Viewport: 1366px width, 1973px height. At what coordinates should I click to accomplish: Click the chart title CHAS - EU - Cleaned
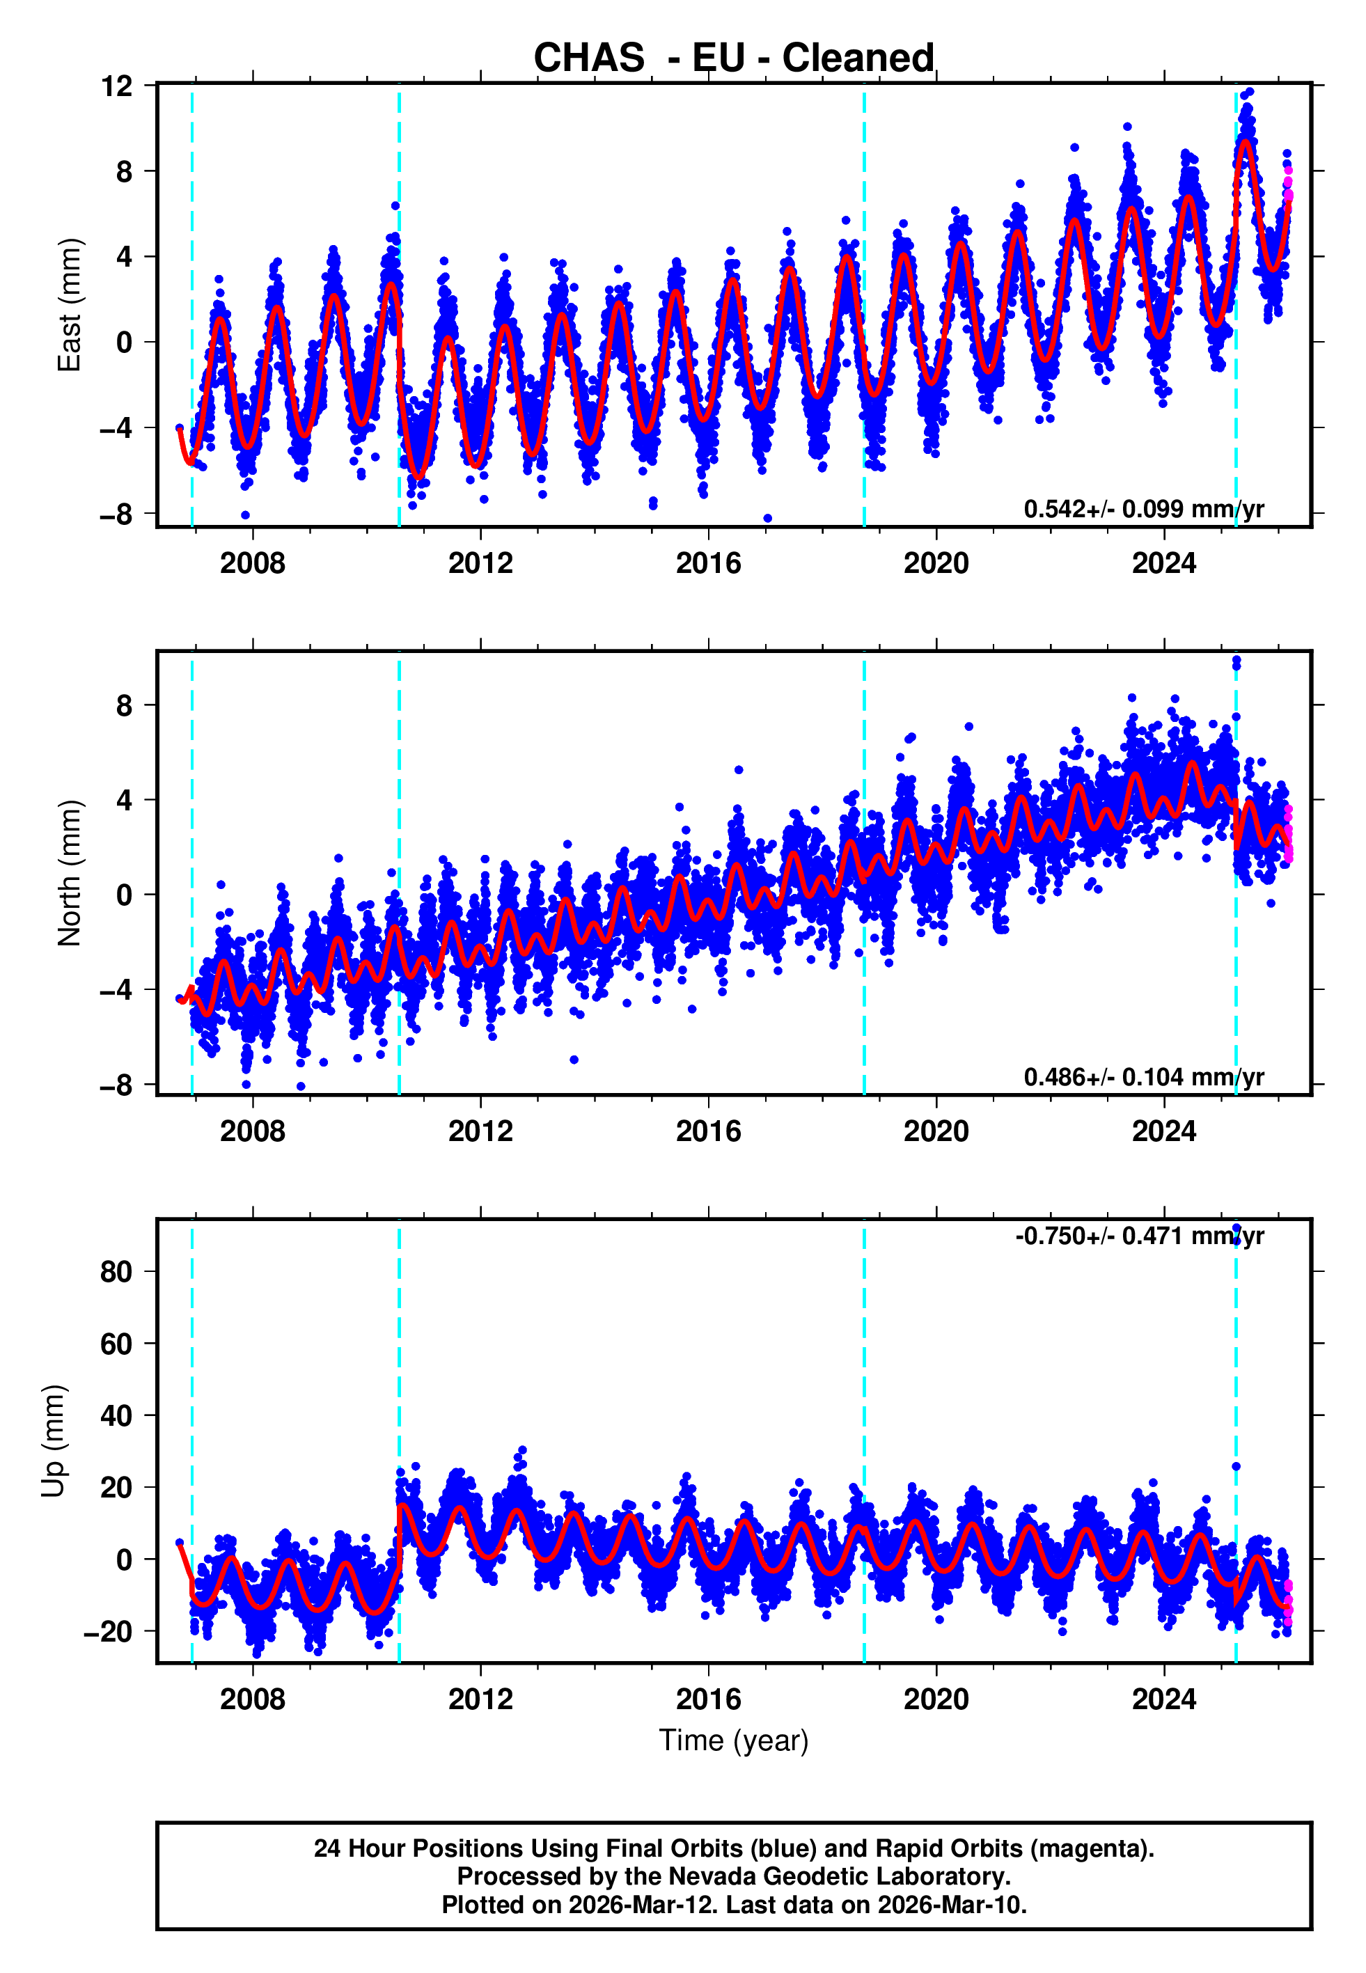tap(734, 58)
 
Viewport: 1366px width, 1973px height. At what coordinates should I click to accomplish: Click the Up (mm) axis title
tap(53, 1441)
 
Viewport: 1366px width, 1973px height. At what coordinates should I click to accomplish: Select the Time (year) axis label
tap(734, 1740)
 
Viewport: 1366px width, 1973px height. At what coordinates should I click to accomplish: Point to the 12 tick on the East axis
tap(117, 86)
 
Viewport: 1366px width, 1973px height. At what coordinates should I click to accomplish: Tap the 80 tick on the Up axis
tap(116, 1271)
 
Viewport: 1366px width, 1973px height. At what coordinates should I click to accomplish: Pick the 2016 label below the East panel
tap(708, 563)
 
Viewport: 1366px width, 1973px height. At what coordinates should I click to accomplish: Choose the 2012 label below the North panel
tap(480, 1131)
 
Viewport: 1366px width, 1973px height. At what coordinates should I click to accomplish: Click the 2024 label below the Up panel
tap(1163, 1699)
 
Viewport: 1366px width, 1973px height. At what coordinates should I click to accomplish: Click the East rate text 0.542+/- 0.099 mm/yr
tap(1143, 509)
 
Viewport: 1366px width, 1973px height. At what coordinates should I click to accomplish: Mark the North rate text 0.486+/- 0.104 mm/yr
tap(1143, 1077)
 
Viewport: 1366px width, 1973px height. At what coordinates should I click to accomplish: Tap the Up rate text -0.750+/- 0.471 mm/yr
tap(1139, 1236)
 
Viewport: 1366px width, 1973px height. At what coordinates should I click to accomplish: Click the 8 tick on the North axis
tap(125, 706)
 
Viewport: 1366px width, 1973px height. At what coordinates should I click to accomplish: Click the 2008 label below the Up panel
tap(253, 1699)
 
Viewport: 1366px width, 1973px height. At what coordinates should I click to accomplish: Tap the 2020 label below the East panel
tap(936, 563)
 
